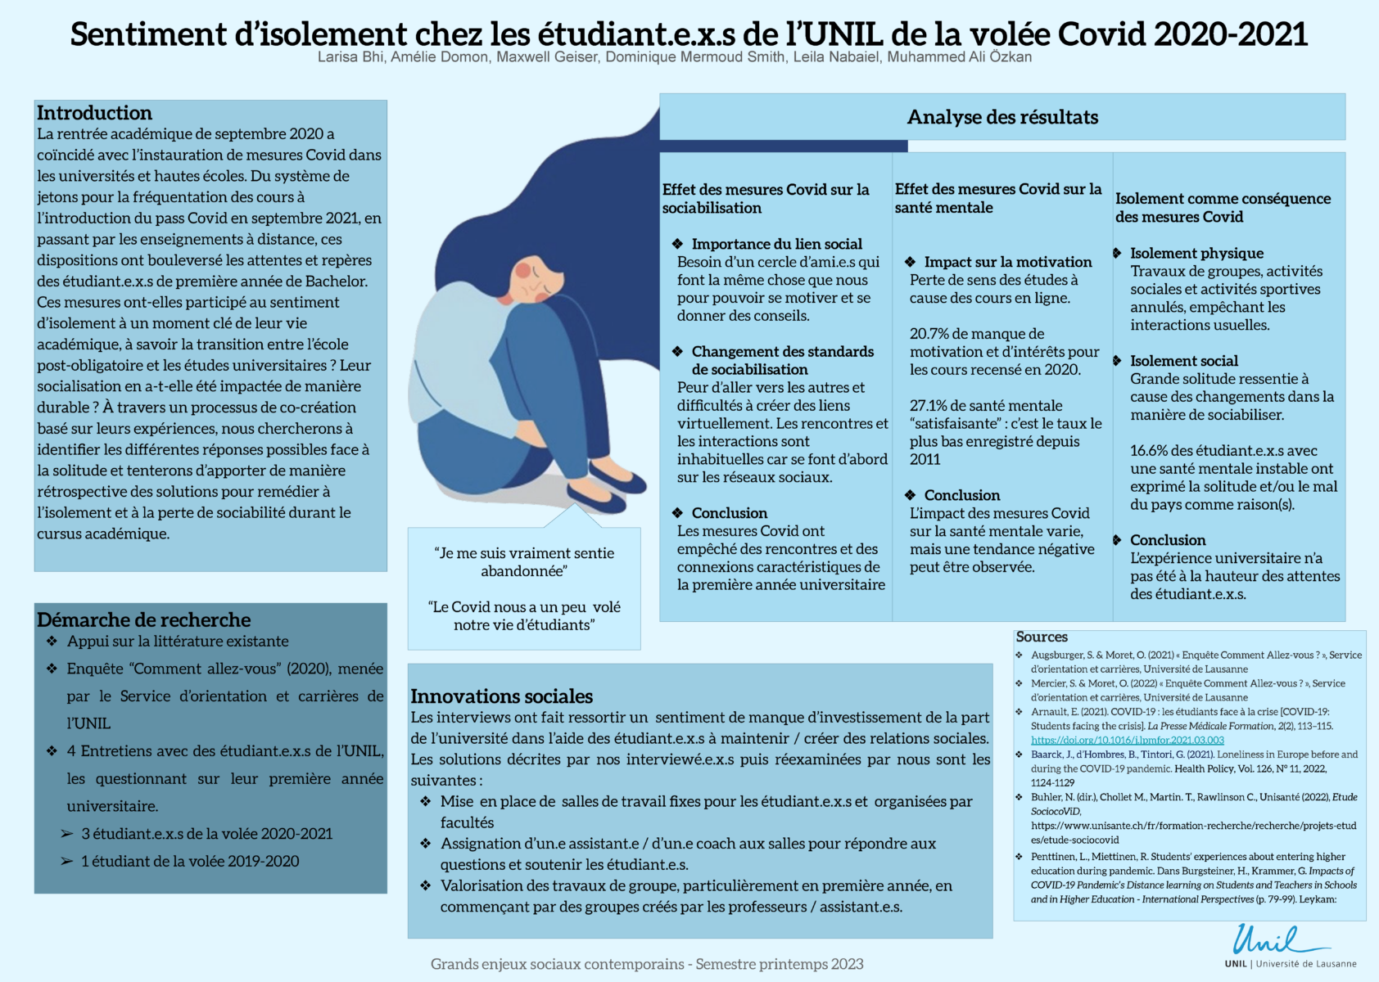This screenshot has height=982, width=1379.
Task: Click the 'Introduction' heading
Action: [x=94, y=113]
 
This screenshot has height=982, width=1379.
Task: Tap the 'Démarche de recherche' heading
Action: [x=143, y=619]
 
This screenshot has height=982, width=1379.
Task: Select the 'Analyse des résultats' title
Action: [x=1002, y=117]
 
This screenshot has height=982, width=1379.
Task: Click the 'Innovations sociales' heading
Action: [x=501, y=696]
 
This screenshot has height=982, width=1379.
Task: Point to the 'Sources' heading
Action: [x=1042, y=637]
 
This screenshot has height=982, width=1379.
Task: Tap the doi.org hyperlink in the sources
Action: [x=1127, y=740]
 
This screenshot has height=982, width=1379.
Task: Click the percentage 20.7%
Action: [x=931, y=334]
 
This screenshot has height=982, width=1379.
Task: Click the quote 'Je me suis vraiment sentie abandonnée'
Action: [x=524, y=561]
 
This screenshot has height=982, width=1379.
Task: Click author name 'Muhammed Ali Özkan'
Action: [x=959, y=57]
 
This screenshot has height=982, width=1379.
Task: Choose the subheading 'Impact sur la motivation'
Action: [x=1007, y=262]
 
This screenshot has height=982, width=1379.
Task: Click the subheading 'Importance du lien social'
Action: [x=776, y=244]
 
